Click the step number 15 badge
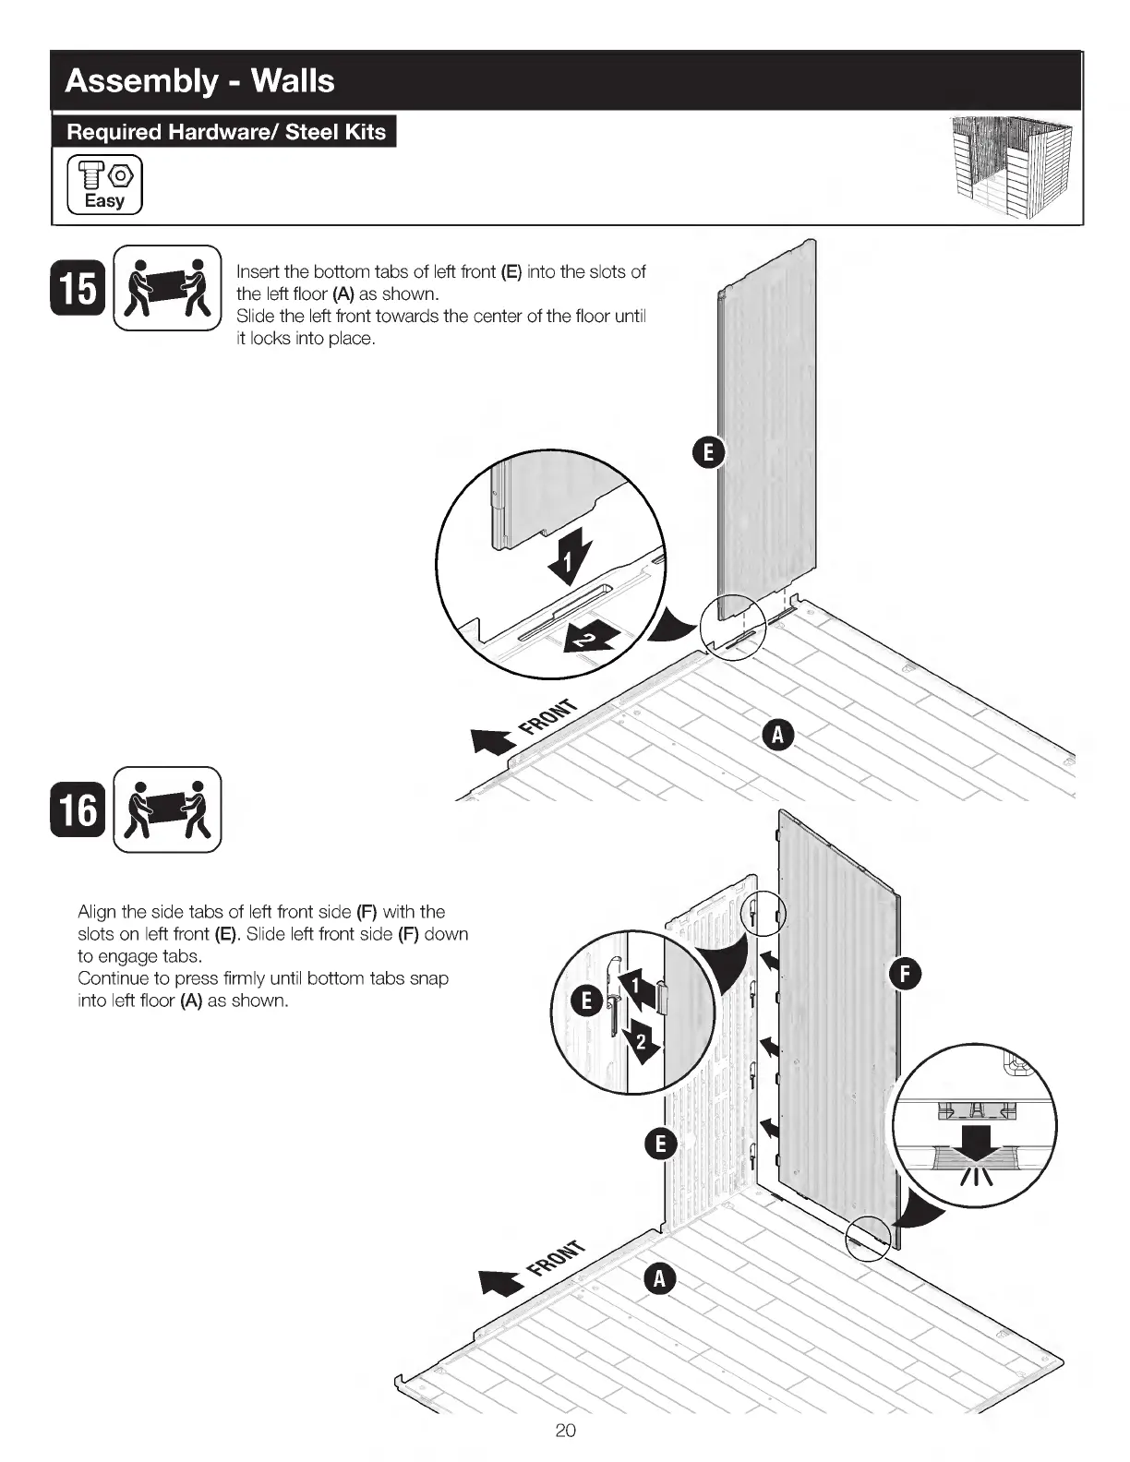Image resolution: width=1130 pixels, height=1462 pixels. click(x=78, y=288)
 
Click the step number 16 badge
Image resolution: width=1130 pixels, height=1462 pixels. click(x=78, y=809)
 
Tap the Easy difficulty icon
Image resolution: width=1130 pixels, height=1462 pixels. click(x=105, y=185)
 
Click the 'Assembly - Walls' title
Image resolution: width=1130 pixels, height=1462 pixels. click(x=199, y=81)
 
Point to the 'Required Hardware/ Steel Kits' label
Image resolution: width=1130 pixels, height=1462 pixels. click(x=225, y=132)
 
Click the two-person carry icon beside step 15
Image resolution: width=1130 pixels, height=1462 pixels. click(x=167, y=288)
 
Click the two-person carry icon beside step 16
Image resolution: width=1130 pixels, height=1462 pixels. click(x=167, y=809)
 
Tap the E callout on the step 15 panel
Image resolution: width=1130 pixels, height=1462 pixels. click(x=708, y=452)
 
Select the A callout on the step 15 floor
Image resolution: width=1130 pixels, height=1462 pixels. click(x=777, y=735)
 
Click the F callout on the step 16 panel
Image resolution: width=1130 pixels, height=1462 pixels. click(x=905, y=974)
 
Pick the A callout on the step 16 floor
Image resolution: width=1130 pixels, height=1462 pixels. click(x=659, y=1279)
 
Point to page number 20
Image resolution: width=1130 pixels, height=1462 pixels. click(x=565, y=1431)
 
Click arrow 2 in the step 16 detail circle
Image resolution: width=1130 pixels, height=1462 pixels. click(x=641, y=1043)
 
